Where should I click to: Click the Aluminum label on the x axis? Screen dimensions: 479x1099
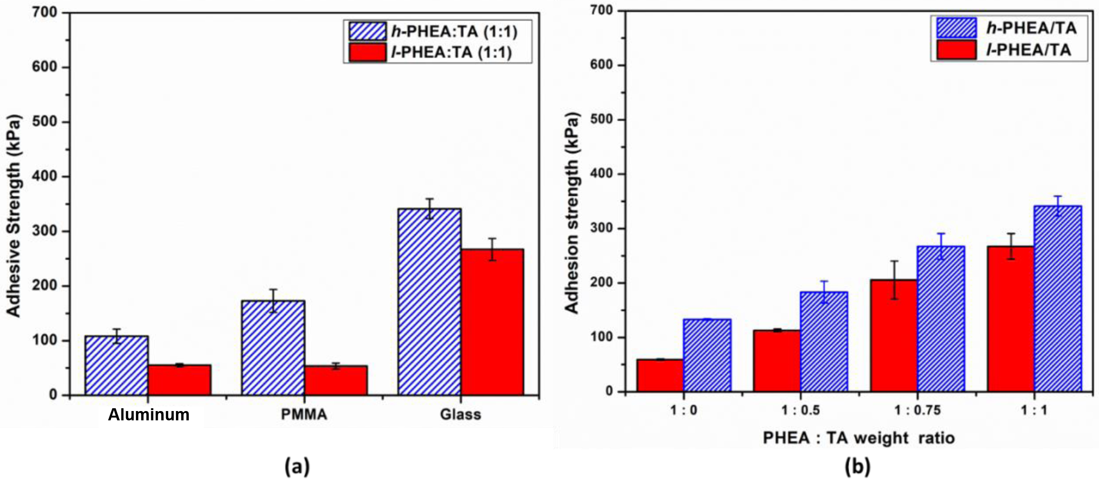[x=149, y=415]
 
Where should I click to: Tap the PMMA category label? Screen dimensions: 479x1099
[x=304, y=415]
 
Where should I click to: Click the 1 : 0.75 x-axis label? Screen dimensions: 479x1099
[x=917, y=410]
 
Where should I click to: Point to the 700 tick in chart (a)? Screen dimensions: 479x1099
[x=44, y=12]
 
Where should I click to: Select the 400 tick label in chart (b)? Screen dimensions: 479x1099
[x=601, y=174]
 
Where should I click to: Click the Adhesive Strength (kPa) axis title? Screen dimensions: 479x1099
[x=14, y=216]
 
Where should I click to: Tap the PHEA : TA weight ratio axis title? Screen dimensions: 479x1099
[x=858, y=438]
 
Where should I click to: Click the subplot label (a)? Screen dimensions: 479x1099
[x=297, y=466]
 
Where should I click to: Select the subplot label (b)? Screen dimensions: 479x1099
[x=858, y=466]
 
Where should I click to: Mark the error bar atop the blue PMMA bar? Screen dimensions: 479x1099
[x=273, y=301]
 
